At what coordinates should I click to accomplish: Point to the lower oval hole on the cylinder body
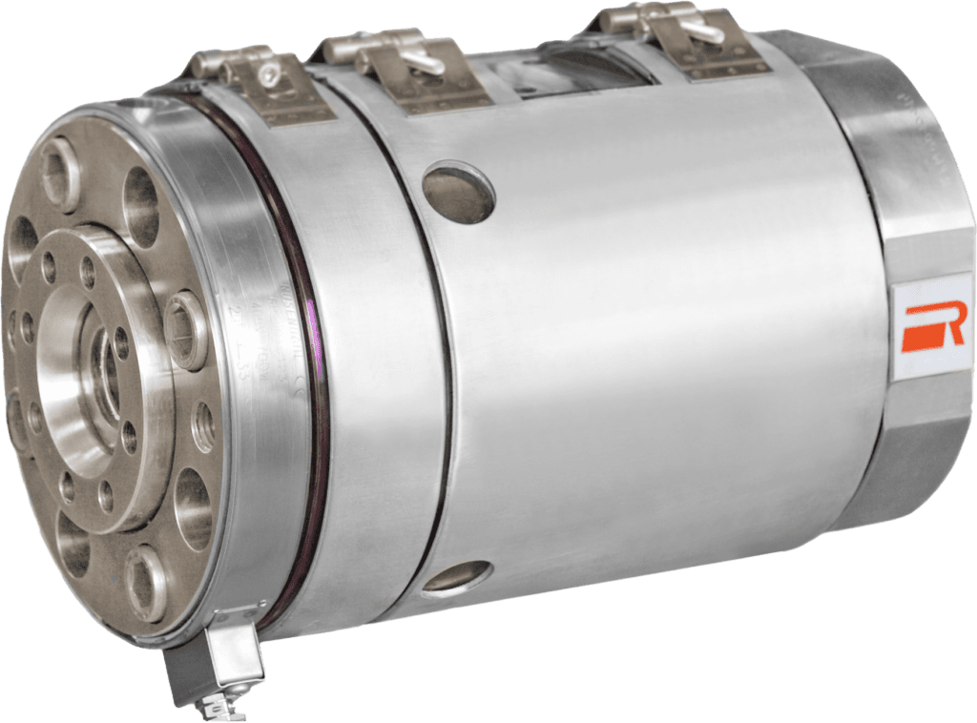pos(456,577)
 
